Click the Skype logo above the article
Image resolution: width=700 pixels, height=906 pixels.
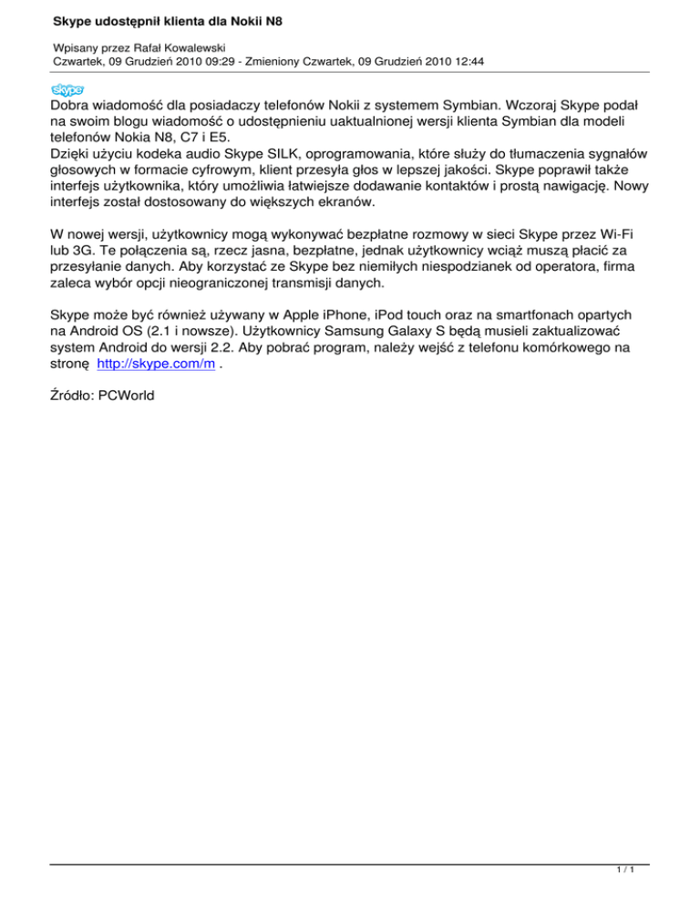pos(67,89)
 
